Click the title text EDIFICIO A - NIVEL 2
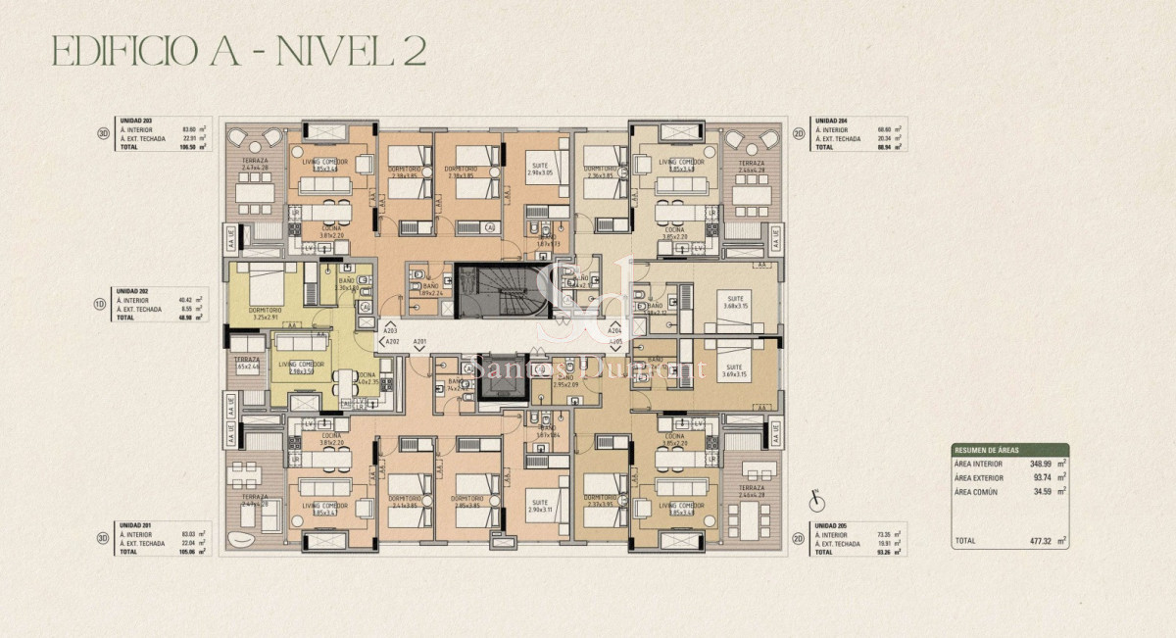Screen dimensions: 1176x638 click(238, 51)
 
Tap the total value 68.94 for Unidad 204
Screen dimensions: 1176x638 click(889, 147)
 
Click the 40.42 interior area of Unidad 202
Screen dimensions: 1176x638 click(190, 300)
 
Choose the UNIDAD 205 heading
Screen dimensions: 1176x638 click(829, 525)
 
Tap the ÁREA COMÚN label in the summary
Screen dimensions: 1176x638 click(976, 491)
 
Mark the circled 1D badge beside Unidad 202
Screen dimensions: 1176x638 click(101, 304)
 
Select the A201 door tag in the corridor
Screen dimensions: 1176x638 click(419, 342)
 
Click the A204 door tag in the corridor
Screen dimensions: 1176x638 click(614, 332)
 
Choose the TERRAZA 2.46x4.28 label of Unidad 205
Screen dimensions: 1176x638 click(752, 491)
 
